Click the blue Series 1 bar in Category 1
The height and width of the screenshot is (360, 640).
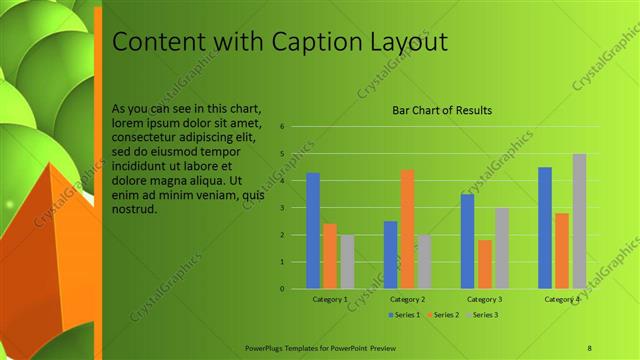313,231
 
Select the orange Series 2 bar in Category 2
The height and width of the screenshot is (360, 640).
408,229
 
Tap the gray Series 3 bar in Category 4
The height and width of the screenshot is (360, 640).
579,221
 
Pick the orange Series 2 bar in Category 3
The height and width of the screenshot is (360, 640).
485,264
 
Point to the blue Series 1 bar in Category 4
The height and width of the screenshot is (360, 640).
545,228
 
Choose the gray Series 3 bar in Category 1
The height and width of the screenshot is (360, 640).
347,262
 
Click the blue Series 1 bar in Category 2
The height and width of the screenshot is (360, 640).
390,255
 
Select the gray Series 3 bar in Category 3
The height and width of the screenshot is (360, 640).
502,248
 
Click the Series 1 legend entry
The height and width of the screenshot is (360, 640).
402,315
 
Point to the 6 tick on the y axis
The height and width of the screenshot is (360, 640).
283,127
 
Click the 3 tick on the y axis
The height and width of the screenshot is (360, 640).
283,208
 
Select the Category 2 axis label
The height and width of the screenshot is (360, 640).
408,299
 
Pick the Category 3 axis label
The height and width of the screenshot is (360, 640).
485,299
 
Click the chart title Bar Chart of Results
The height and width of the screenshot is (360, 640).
441,110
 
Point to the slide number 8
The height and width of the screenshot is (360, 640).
589,347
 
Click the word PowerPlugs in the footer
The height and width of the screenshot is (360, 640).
265,347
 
